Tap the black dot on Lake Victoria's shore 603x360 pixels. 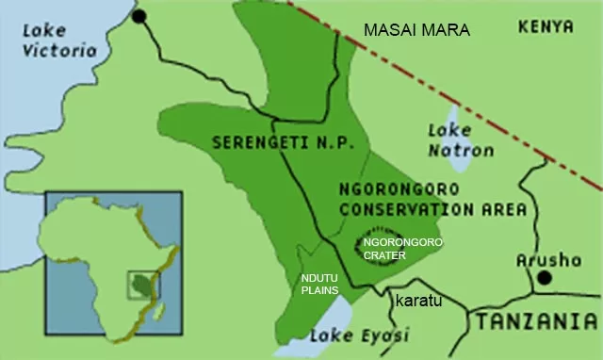[139, 16]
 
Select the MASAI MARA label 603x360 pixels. [416, 31]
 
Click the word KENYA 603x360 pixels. [546, 27]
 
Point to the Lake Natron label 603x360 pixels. [460, 139]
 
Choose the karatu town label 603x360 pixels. [417, 301]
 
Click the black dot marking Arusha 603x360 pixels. [544, 278]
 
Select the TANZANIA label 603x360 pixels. [536, 322]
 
